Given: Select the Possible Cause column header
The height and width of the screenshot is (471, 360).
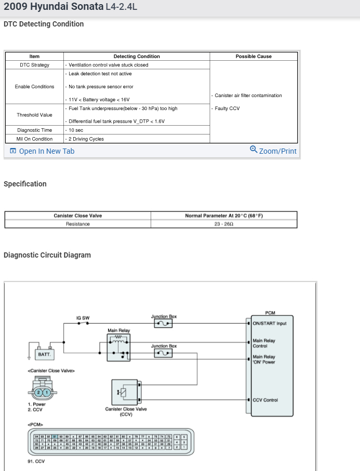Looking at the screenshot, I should click(x=253, y=56).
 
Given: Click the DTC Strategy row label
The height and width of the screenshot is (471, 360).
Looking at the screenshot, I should click(x=34, y=65).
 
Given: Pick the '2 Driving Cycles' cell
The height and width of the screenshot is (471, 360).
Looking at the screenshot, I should click(x=86, y=139).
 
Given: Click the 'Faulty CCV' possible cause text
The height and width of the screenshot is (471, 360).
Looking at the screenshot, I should click(x=227, y=109).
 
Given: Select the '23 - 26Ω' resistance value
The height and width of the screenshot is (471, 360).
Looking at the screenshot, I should click(x=224, y=224).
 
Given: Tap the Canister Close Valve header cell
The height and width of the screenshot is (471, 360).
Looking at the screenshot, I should click(x=78, y=216).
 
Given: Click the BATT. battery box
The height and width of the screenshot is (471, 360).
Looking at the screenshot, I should click(x=44, y=354).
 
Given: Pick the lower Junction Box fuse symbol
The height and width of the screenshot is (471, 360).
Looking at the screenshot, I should click(x=164, y=354).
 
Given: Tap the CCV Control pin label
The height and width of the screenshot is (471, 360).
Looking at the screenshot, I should click(x=265, y=400).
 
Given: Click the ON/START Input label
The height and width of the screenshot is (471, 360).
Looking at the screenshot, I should click(x=269, y=324).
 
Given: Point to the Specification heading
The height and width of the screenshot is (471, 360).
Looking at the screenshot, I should click(x=25, y=184).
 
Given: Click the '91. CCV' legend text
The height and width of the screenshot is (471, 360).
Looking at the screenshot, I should click(x=36, y=461).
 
